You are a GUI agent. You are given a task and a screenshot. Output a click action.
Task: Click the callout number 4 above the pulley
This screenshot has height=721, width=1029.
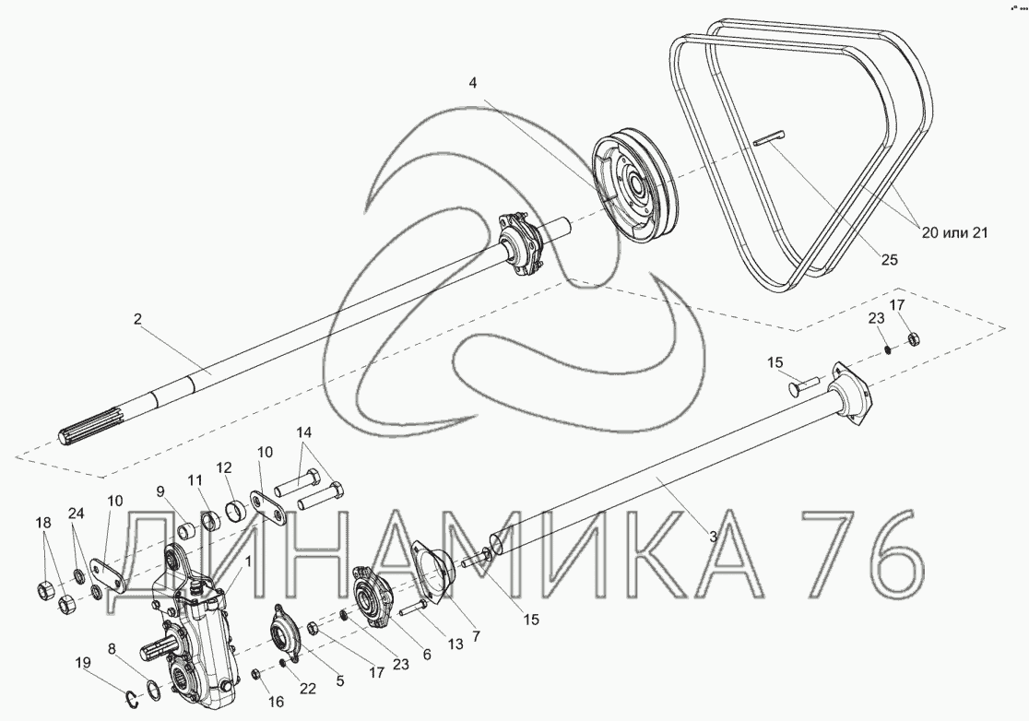[473, 83]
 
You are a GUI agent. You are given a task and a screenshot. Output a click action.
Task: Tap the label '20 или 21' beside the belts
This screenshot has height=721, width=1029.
[955, 232]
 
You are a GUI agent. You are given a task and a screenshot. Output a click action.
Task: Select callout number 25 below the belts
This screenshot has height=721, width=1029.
[889, 260]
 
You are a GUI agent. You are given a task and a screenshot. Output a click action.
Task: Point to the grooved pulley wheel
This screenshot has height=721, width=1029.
[636, 191]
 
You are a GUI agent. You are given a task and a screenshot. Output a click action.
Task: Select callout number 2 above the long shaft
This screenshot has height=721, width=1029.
[137, 320]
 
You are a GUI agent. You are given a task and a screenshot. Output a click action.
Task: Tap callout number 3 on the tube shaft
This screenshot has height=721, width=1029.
[714, 536]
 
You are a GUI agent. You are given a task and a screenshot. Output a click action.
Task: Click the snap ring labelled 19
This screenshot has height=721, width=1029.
[133, 700]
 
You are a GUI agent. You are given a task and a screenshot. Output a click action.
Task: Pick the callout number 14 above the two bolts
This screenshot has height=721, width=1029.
[304, 432]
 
